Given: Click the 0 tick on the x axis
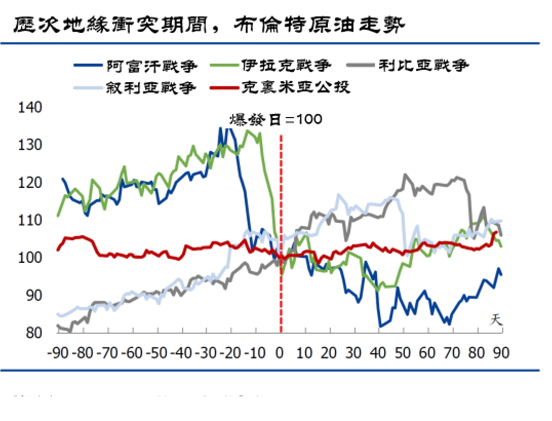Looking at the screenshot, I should [x=280, y=353].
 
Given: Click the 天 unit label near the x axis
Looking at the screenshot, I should [x=496, y=319].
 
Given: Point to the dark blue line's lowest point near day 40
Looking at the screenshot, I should [x=380, y=326].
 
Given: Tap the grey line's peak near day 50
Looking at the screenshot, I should [x=405, y=175].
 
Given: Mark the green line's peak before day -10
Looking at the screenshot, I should [x=249, y=130].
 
